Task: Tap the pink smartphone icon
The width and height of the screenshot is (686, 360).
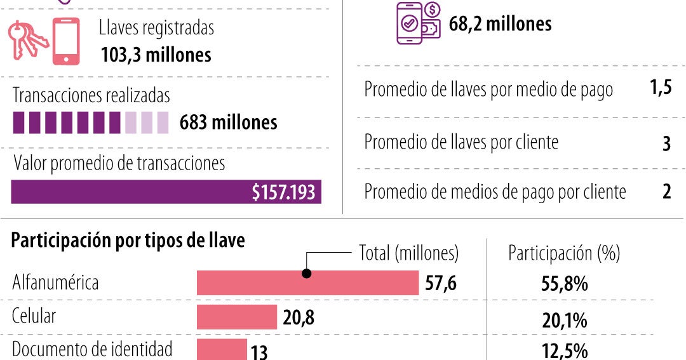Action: pos(65,41)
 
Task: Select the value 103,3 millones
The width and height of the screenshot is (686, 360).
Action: pos(156,55)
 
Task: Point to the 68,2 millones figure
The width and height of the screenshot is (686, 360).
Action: pos(500,24)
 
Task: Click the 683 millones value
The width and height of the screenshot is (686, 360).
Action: pos(228,122)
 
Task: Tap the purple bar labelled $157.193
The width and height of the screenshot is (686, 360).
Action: pos(166,192)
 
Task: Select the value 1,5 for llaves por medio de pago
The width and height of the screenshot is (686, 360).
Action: pos(661,89)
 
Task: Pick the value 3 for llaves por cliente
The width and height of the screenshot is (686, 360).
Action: pos(666,143)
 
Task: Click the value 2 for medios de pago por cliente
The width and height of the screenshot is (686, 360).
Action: pos(666,192)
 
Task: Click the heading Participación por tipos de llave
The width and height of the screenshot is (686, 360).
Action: pos(128,241)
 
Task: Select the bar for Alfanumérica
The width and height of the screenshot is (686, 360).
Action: pos(307,283)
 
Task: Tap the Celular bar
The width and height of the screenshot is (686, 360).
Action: pos(237,317)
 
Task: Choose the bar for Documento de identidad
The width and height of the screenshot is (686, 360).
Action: pos(222,349)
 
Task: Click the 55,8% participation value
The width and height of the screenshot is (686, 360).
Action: pos(564,284)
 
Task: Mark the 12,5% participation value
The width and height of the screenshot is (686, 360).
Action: pos(564,351)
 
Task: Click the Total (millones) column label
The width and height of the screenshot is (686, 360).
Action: pos(408,253)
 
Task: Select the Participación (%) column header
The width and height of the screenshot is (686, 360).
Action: pos(563,253)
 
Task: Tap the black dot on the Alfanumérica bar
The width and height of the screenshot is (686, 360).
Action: pos(307,274)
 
